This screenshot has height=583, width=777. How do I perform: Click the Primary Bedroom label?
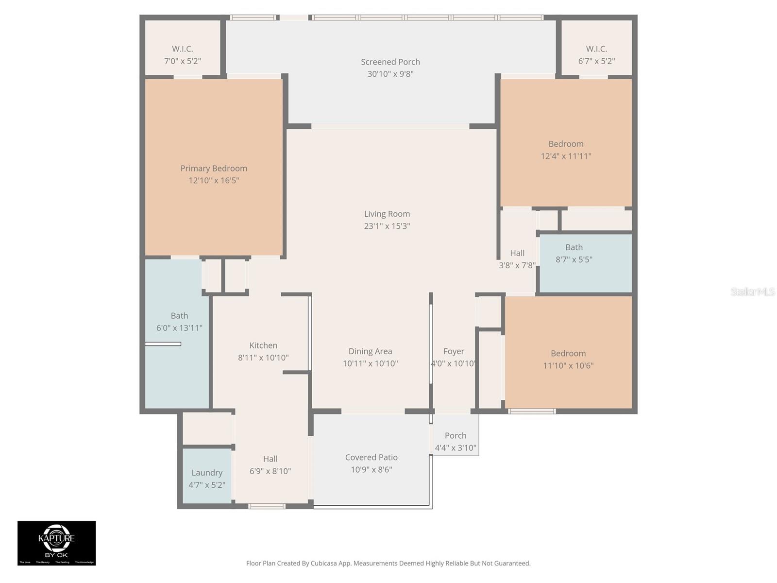pos(214,169)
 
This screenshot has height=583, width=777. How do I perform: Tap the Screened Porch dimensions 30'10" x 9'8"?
pos(390,74)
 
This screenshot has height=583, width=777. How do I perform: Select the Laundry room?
pos(207,478)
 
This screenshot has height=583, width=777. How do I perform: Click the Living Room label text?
pos(387,214)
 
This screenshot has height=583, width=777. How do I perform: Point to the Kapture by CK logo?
pos(57,543)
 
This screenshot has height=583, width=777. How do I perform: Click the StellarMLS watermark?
pos(752,291)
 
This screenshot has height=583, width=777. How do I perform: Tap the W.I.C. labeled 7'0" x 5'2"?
pos(183,55)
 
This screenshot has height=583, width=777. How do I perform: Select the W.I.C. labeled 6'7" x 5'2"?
pos(596,55)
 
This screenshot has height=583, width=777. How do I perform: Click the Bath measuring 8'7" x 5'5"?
pos(574,253)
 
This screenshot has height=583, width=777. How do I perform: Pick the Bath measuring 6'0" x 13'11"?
pos(179,322)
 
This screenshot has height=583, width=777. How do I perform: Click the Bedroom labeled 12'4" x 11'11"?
pos(566,150)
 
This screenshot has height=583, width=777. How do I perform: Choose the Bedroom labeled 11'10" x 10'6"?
pos(568,359)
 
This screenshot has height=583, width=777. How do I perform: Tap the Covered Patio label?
pos(372,458)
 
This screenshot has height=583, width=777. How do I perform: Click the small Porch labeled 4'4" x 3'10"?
pos(456,441)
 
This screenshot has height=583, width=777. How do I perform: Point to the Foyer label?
pos(454,351)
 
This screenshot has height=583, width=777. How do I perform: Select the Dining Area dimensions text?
pos(370,364)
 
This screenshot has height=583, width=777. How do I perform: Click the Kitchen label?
pos(263,345)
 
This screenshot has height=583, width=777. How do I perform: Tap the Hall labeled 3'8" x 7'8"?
pos(517,259)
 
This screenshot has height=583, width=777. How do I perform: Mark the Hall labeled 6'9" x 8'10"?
pos(270,464)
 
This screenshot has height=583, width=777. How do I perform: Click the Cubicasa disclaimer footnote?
pos(388,563)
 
